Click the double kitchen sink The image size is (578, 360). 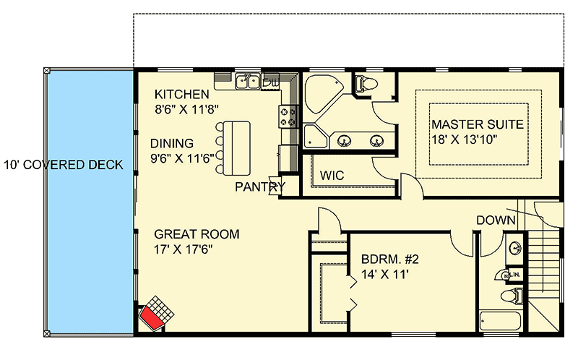coord(249,82)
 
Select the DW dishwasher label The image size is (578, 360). coord(274,83)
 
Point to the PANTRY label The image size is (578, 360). coord(260,187)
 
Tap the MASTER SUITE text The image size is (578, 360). coord(477,124)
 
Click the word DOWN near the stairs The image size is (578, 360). coord(496,220)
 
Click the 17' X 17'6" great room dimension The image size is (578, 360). coord(184,249)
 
